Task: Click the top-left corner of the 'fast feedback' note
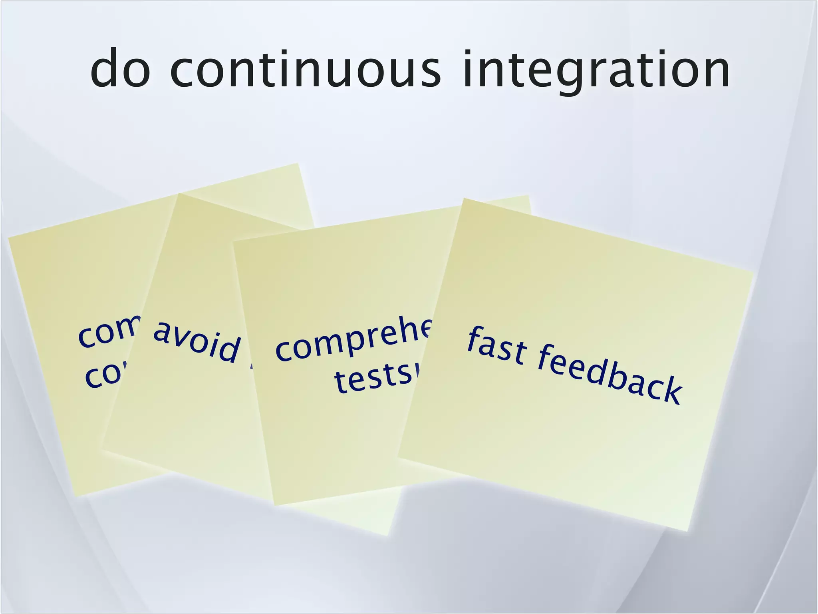(464, 199)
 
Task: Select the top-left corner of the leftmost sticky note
(9, 237)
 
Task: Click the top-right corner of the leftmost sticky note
(298, 163)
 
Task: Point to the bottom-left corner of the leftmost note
(75, 496)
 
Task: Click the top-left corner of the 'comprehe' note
(234, 241)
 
